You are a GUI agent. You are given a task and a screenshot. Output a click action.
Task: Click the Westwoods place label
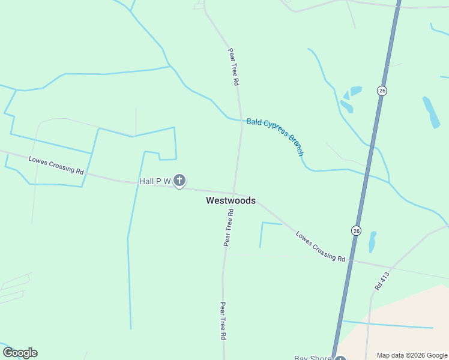point(231,200)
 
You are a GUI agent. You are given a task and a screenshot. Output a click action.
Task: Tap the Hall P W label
point(155,181)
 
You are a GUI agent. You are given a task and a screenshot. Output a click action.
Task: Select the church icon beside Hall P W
point(179,180)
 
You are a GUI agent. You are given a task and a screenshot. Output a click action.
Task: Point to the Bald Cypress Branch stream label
point(276,136)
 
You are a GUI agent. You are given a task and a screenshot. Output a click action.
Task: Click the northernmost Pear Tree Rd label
point(234,67)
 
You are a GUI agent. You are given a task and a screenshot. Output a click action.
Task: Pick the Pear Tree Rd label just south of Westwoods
point(228,228)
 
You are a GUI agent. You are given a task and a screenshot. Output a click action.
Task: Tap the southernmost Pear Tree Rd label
point(223,321)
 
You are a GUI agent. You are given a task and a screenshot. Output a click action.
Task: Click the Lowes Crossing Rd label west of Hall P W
point(56,165)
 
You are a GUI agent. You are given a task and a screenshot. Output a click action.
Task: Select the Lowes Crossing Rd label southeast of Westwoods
point(320,246)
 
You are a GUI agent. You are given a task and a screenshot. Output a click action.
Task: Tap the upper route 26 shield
point(382,91)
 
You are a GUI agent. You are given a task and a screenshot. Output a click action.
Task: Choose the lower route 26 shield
point(356,230)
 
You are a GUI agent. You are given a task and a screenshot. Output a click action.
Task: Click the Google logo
point(20,353)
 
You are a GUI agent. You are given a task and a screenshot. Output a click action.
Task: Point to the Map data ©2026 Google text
point(412,355)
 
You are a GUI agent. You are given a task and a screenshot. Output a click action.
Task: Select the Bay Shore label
point(312,358)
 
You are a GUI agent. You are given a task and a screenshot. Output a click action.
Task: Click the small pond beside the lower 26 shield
point(372,242)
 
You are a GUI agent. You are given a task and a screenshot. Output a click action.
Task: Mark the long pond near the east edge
point(431,112)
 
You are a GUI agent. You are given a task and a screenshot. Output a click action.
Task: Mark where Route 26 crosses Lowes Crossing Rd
point(348,260)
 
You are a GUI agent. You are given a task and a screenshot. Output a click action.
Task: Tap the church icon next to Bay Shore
point(340,359)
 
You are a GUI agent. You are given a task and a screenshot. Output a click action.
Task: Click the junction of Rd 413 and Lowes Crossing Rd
point(390,267)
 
